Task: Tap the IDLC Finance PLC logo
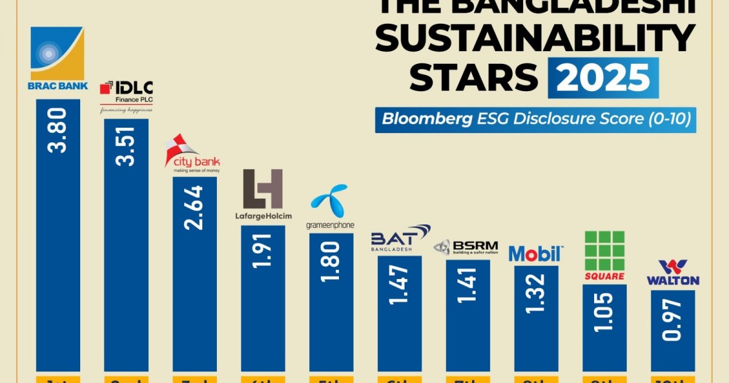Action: click(x=126, y=97)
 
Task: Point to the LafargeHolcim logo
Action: click(x=263, y=194)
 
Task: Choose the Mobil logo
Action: click(x=536, y=253)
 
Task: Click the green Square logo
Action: click(x=604, y=255)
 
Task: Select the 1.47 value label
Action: click(x=400, y=282)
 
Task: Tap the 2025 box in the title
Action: click(x=603, y=78)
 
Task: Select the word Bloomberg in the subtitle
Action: click(x=426, y=119)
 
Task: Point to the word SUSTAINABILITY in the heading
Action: click(x=534, y=38)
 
